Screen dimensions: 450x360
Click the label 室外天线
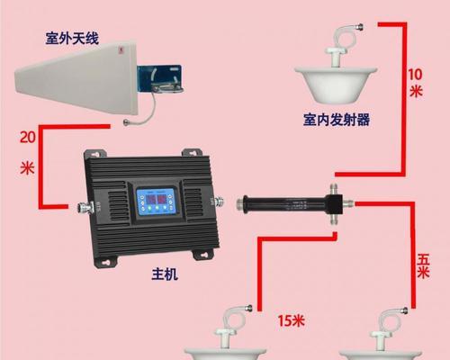pos(72,39)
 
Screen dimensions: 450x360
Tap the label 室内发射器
pos(337,120)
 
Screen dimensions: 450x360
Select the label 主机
pos(165,274)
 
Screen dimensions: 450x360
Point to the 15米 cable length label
pos(291,320)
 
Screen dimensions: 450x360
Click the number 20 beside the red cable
pos(28,137)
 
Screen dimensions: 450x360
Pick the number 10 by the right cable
pos(415,75)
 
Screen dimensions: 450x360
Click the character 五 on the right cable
pos(423,259)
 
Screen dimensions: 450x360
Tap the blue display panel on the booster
pos(156,201)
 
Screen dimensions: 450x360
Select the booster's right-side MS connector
pos(220,202)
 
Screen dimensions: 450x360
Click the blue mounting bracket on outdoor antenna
pos(159,79)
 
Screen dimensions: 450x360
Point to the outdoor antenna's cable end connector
pos(127,121)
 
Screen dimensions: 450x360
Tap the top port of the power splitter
pos(334,189)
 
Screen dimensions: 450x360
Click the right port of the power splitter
pos(347,204)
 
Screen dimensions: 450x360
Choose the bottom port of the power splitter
pos(334,219)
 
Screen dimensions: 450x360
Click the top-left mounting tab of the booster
pos(95,154)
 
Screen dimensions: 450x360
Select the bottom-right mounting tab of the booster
pos(202,255)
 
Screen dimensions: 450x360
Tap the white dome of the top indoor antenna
pos(336,84)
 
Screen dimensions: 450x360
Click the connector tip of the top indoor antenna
pos(359,27)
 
